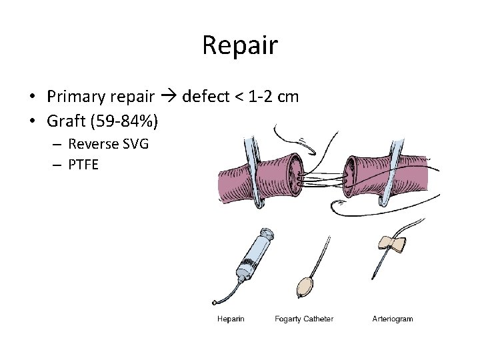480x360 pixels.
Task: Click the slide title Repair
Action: (239, 46)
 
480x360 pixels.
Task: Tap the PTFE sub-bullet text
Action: (83, 163)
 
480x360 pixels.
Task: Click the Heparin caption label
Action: (231, 319)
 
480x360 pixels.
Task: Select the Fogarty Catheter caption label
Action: (304, 319)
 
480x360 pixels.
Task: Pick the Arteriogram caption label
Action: (393, 319)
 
